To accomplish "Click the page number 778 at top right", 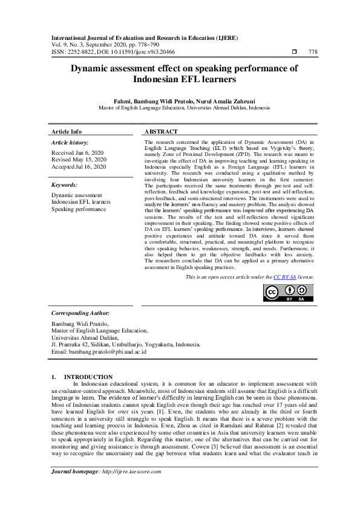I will tap(312, 52).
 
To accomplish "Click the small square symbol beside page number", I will tap(294, 52).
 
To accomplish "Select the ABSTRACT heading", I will tap(162, 131).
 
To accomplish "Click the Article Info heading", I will tap(67, 131).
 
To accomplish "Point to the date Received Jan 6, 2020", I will tap(77, 153).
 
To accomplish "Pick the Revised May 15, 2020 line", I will tap(79, 160).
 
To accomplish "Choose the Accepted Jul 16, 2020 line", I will tap(79, 166).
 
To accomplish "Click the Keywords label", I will tap(65, 184).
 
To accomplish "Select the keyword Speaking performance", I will tap(78, 209).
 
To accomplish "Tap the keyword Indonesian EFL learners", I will tap(81, 202).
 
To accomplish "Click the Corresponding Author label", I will tap(80, 313).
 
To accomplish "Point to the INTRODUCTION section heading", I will tap(88, 377).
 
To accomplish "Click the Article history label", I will tap(70, 142).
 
